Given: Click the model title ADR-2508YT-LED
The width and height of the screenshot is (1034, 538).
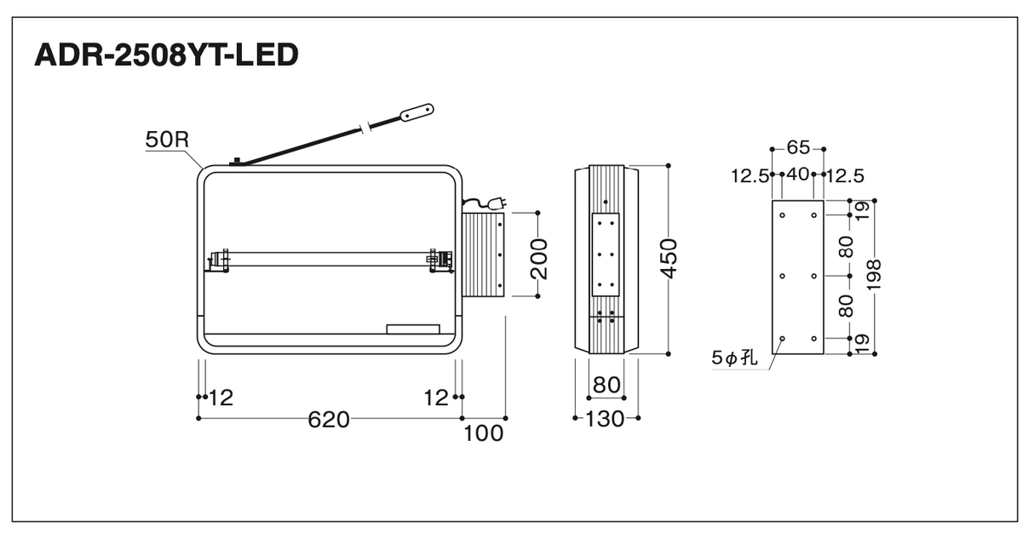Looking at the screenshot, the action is (x=167, y=55).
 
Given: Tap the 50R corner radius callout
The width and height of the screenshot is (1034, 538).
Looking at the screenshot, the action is (x=167, y=140).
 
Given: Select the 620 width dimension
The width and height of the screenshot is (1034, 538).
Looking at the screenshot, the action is (x=329, y=420).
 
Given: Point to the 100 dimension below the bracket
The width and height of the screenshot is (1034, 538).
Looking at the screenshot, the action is (x=483, y=434).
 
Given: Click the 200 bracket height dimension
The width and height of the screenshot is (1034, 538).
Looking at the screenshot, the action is (x=539, y=259).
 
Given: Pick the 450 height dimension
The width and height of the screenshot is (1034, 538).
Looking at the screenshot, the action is (x=669, y=259).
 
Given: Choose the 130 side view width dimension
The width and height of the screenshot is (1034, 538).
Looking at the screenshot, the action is (x=605, y=419).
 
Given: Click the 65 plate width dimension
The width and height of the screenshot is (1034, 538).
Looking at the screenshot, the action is (x=798, y=147).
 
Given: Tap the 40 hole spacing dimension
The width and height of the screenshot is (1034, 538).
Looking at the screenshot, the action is (x=798, y=175).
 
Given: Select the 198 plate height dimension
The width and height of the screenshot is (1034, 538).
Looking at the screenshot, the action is (x=874, y=275).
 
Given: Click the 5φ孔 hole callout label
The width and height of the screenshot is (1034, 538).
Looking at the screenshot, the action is (x=734, y=358).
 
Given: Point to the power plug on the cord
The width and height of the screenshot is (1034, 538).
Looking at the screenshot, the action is (x=497, y=203).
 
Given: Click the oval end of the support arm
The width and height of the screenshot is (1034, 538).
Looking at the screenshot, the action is (x=416, y=112).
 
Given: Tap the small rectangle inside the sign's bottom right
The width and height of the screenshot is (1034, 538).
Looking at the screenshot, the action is (x=413, y=329).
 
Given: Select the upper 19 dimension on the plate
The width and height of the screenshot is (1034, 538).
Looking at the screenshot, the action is (x=862, y=211).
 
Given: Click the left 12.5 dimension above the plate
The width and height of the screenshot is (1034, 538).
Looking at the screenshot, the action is (x=750, y=176).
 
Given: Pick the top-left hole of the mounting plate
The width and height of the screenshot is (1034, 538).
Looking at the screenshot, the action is (x=782, y=215).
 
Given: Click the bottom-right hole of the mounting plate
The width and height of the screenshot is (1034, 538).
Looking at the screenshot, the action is (x=813, y=339).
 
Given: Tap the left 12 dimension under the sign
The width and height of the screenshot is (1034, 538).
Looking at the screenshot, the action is (x=221, y=398).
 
